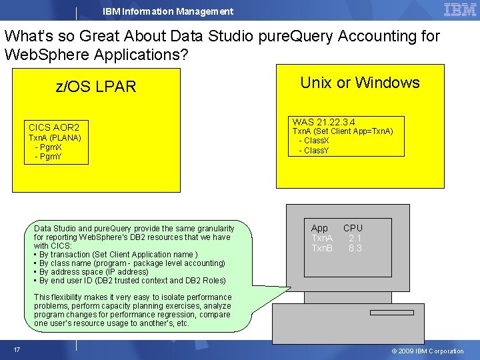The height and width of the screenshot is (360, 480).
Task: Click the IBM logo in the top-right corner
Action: coord(459,9)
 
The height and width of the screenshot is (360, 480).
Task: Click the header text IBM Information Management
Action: coord(168,11)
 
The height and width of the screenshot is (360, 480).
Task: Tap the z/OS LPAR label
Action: coord(96,87)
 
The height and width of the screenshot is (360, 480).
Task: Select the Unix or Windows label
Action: coord(360,83)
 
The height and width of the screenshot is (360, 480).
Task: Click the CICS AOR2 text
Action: coord(54,127)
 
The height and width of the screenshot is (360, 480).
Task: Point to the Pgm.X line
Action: coord(48,147)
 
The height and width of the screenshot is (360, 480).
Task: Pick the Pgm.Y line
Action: coord(48,157)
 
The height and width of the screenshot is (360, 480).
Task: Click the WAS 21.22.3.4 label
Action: coord(323,122)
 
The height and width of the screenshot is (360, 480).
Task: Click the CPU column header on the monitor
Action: coord(353,228)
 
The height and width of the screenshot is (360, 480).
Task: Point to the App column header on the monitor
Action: coord(320,228)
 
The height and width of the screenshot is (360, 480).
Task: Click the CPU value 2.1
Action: coord(355,238)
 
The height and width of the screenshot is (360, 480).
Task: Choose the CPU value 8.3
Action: coord(355,248)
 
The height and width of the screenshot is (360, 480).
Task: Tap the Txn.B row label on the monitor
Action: coord(322,248)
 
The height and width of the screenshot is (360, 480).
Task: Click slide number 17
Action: coord(17,350)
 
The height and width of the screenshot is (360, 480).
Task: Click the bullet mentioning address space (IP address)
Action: coord(93,272)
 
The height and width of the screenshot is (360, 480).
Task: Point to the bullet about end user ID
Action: coord(132,281)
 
